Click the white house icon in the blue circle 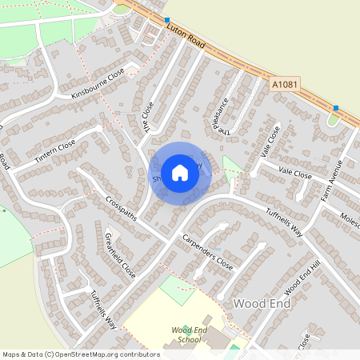coord(180,172)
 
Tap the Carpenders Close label coord(206,252)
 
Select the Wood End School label coord(186,334)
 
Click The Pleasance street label coord(222,116)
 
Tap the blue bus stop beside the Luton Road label coord(166,19)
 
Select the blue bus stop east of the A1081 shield coord(336,107)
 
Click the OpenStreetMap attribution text coord(81,354)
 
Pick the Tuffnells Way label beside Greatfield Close coord(103,310)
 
